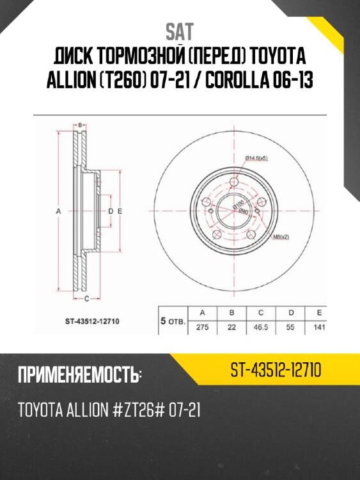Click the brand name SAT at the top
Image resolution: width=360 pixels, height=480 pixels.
click(x=180, y=31)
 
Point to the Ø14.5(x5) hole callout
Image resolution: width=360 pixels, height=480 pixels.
click(x=255, y=157)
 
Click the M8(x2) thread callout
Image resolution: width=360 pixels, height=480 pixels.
click(x=281, y=237)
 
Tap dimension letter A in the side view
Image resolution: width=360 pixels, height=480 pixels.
click(x=58, y=211)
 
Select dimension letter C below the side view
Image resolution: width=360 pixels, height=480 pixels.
click(x=87, y=298)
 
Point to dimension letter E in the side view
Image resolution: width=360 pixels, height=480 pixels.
click(x=120, y=211)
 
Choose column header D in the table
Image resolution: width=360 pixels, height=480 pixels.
click(x=290, y=312)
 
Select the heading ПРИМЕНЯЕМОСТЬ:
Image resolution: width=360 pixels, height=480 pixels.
click(x=79, y=374)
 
